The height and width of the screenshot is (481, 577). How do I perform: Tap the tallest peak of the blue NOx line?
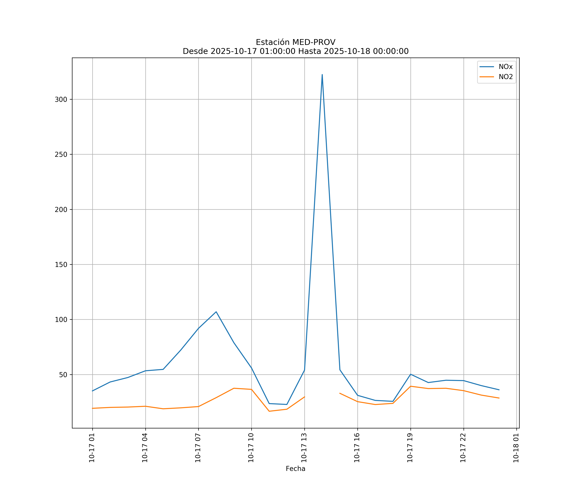pos(322,75)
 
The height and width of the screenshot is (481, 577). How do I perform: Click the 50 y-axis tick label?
pos(63,375)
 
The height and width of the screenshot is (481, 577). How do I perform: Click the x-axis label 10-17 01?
pos(92,448)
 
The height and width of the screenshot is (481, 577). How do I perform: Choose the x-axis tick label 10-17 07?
pos(198,448)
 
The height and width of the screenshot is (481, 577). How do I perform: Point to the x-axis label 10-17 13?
pos(304,448)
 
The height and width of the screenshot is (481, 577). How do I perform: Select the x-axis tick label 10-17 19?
pos(410,448)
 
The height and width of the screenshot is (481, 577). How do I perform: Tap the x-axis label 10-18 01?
pos(516,448)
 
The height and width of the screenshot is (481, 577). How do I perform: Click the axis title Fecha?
pos(295,469)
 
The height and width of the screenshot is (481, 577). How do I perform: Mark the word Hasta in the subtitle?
pos(310,51)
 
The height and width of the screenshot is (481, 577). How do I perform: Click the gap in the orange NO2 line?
pos(322,395)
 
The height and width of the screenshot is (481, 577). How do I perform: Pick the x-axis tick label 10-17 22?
pos(463,448)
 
